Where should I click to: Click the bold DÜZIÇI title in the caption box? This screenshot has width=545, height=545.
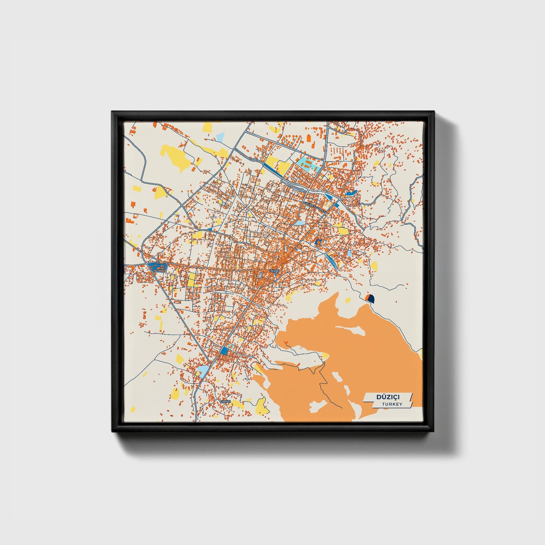point(388,397)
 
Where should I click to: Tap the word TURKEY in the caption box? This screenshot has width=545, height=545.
point(391,404)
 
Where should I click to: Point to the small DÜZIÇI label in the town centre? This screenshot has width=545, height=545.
point(274,271)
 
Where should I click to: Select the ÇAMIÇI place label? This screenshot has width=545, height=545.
point(225,401)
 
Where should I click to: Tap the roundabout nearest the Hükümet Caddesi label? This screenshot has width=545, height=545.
point(302,189)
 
